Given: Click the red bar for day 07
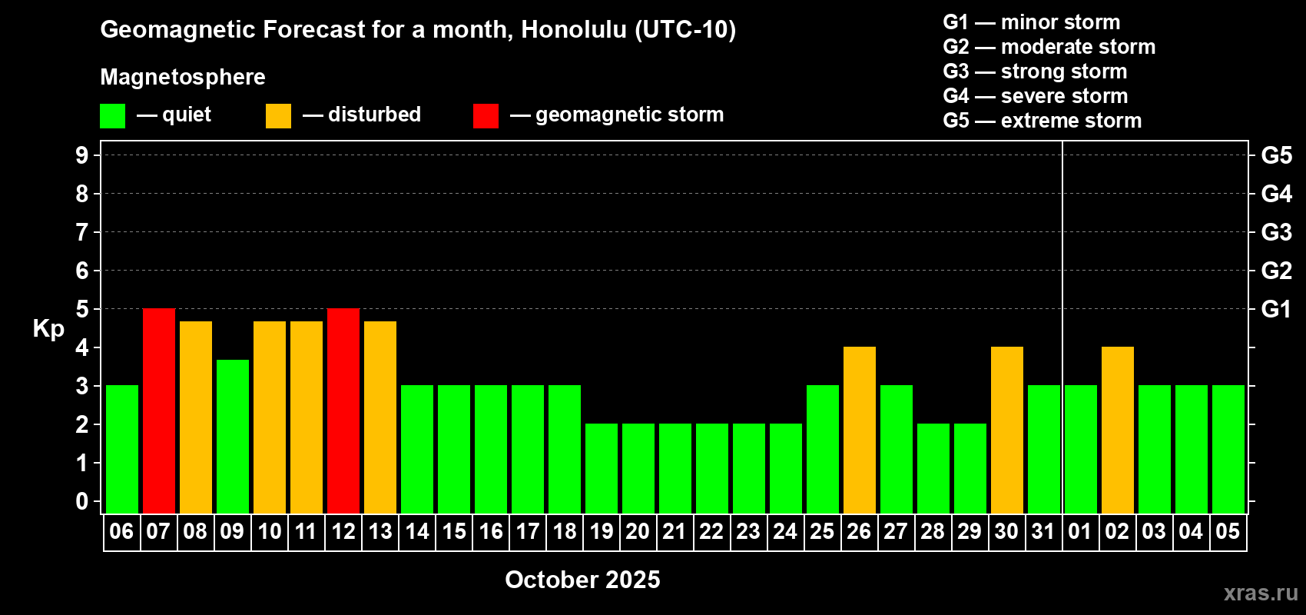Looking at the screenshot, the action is pos(158,411).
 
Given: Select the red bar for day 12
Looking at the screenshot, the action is pos(343,411).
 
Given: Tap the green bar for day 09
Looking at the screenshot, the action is pos(233,437).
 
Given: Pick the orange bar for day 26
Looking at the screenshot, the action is pos(860,430).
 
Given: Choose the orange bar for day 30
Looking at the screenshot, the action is pos(1007,430).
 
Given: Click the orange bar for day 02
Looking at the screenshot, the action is pos(1118,430).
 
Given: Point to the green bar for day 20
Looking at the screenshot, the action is pos(638,468).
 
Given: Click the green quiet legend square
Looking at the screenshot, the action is pos(112,115).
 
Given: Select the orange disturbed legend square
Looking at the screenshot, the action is pos(278,115).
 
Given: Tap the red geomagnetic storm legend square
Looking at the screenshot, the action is pos(486,115).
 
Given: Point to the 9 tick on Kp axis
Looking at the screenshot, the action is pos(81,155).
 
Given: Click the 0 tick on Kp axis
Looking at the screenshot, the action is pos(81,501).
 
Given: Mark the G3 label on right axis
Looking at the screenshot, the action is pos(1277,232).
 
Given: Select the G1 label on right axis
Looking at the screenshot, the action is pos(1277,309).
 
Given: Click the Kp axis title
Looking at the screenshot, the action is pos(48,328).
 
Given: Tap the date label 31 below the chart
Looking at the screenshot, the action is pos(1043,531).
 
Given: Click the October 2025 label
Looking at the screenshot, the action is pos(582,580).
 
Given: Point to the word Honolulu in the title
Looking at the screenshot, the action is pos(575,29).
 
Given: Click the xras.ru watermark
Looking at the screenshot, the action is pos(1261,593).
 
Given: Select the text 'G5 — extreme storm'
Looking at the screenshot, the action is pos(1042,121).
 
